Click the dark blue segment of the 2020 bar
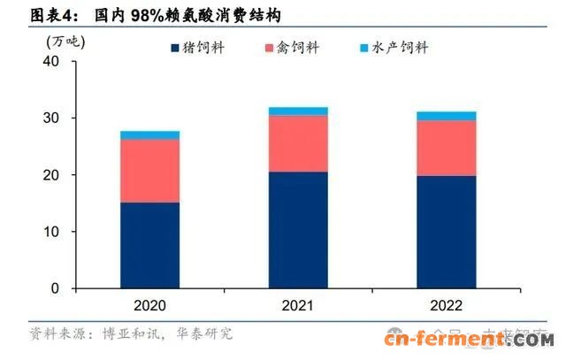point(149,245)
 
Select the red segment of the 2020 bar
point(149,171)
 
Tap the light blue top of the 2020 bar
point(149,135)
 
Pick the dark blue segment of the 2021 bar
point(298,230)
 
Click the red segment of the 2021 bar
point(298,143)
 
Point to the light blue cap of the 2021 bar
point(298,111)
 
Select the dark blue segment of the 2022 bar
point(447,232)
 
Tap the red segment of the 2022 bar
point(447,148)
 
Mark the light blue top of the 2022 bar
point(447,116)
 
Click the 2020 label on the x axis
point(149,305)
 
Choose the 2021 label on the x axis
point(298,305)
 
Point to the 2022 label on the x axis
point(447,305)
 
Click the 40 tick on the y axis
point(50,62)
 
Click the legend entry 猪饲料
point(200,47)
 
